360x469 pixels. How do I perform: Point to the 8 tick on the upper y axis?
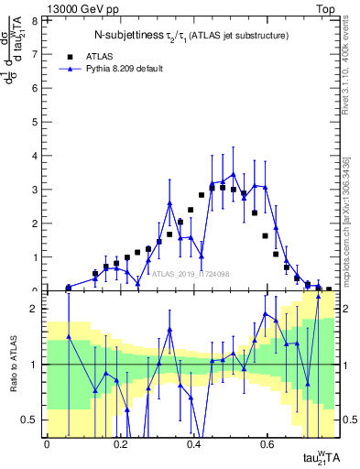37,20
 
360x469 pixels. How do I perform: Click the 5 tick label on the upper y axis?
37,122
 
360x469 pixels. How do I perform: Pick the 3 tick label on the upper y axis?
37,190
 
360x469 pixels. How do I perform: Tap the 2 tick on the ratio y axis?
37,309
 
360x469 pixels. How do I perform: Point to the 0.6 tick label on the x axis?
267,445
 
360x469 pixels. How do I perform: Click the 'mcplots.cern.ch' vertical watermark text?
351,220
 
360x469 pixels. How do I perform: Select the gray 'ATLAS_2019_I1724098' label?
190,273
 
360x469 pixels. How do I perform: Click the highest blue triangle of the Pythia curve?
234,173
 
